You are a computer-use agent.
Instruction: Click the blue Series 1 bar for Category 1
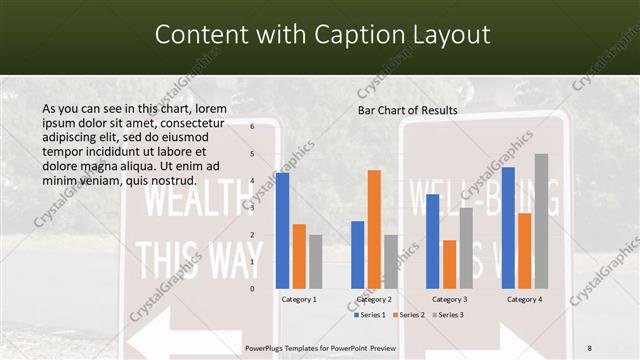(282, 230)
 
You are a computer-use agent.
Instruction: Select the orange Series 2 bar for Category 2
(374, 229)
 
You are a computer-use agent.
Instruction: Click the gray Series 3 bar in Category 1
(315, 261)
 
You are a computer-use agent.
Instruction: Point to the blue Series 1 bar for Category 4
(508, 227)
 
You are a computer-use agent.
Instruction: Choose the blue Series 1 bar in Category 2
(358, 254)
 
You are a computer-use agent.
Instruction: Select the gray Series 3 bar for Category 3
(466, 247)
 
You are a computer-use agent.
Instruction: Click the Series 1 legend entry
(371, 315)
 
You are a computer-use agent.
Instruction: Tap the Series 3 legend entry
(449, 315)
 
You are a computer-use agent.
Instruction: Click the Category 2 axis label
(374, 299)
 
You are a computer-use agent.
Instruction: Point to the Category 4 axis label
(524, 299)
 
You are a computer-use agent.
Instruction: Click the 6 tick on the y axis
(252, 126)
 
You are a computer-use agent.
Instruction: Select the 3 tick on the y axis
(252, 207)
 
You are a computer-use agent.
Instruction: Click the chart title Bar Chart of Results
(407, 110)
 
